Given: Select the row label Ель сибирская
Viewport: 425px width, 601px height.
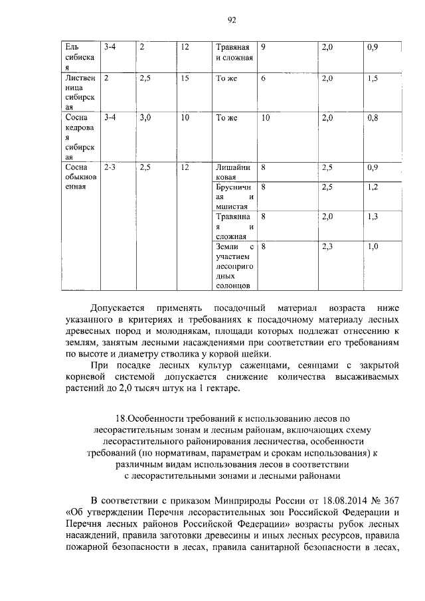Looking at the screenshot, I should (78, 58).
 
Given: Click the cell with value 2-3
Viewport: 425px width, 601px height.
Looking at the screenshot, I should (110, 168).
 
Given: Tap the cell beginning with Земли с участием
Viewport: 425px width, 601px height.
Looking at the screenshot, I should (232, 266).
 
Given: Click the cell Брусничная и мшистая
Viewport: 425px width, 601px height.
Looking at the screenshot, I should (232, 197).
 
